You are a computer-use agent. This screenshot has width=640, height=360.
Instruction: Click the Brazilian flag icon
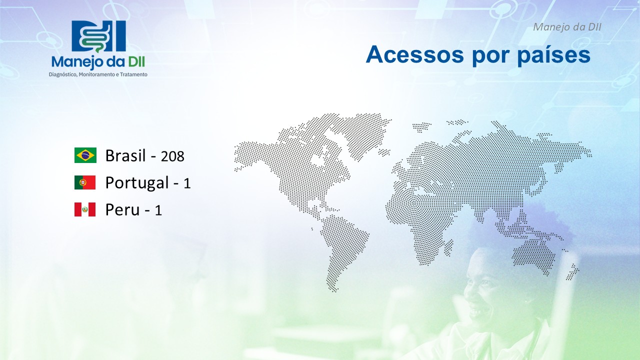85,155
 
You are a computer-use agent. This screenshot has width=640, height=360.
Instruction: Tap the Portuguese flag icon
85,182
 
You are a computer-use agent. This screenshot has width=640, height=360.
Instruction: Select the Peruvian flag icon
85,209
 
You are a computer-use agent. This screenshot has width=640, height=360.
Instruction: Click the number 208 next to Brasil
172,156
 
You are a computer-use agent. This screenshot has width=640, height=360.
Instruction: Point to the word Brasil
125,155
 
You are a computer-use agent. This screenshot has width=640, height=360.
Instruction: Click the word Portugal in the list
137,183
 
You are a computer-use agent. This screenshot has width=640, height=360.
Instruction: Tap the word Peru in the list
122,209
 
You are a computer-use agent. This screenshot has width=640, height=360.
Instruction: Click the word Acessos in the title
415,54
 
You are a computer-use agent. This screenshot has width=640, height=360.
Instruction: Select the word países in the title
553,55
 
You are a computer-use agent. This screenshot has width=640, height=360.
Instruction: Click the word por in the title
491,56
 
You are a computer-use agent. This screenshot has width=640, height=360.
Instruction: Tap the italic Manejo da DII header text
567,27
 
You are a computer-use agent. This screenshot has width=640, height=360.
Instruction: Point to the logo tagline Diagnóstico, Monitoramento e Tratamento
98,74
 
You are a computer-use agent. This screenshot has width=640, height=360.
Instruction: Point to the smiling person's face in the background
485,288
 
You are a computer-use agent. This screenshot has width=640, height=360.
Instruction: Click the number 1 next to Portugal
187,183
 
